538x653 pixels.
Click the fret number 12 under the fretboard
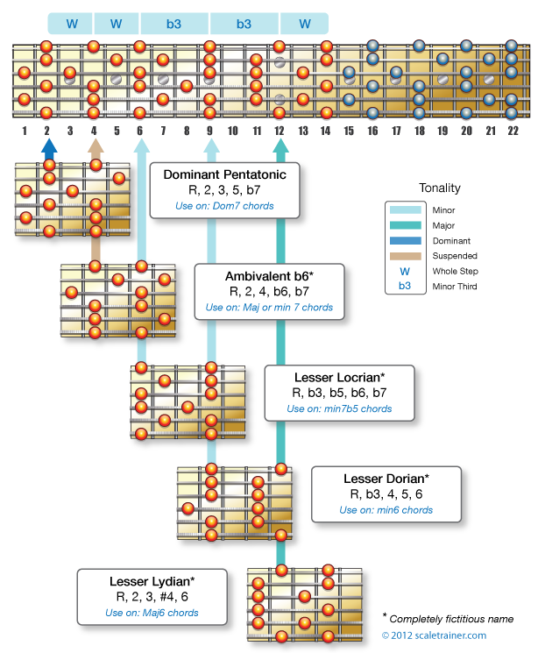pyautogui.click(x=279, y=131)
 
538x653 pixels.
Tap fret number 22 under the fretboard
pyautogui.click(x=513, y=131)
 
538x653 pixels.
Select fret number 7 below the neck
pyautogui.click(x=163, y=131)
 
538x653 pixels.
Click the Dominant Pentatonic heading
pyautogui.click(x=224, y=174)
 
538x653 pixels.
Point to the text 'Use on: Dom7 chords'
pyautogui.click(x=224, y=206)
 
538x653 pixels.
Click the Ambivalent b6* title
pyautogui.click(x=269, y=276)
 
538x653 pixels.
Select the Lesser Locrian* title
pyautogui.click(x=339, y=377)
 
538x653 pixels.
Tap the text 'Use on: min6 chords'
pyautogui.click(x=386, y=510)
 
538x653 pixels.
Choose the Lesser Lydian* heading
pyautogui.click(x=152, y=581)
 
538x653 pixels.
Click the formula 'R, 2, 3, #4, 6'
pyautogui.click(x=152, y=597)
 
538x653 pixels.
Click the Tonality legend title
pyautogui.click(x=440, y=188)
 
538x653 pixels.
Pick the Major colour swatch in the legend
pyautogui.click(x=405, y=225)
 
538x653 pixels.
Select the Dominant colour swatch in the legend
pyautogui.click(x=405, y=241)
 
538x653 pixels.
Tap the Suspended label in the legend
pyautogui.click(x=455, y=256)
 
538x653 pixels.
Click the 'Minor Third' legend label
pyautogui.click(x=455, y=287)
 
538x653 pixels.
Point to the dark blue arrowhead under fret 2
pyautogui.click(x=49, y=146)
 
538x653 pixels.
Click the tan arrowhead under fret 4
pyautogui.click(x=96, y=146)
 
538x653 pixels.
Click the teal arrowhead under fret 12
pyautogui.click(x=280, y=146)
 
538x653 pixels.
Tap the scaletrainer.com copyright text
pyautogui.click(x=434, y=635)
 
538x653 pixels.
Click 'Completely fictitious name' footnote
pyautogui.click(x=451, y=620)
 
